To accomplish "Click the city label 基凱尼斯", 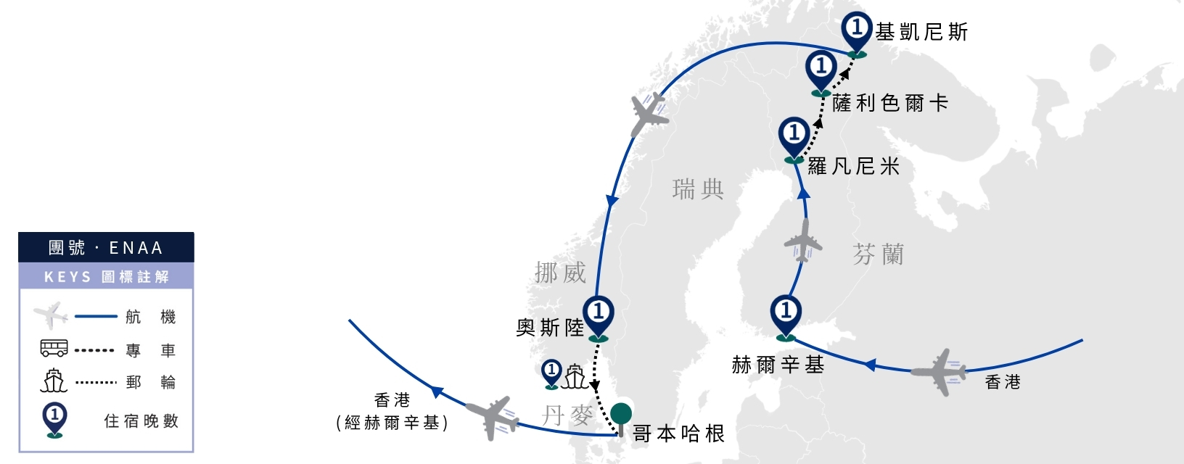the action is tap(921, 32).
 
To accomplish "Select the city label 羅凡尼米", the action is tap(854, 166).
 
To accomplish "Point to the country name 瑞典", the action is tap(698, 189).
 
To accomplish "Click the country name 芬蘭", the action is tap(878, 254).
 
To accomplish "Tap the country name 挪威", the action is tap(560, 273).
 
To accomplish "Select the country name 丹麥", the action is tap(567, 415).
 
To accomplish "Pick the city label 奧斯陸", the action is tap(550, 328).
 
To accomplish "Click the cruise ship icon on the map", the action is tap(575, 376).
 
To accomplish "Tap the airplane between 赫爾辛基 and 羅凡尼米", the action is tap(803, 241).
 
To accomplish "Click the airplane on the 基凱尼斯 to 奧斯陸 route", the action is tap(649, 114).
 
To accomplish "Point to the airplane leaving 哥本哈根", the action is tap(492, 418).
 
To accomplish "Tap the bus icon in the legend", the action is tap(54, 348).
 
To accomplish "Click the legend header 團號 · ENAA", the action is tap(106, 247).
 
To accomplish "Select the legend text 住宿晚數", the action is tap(141, 420).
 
